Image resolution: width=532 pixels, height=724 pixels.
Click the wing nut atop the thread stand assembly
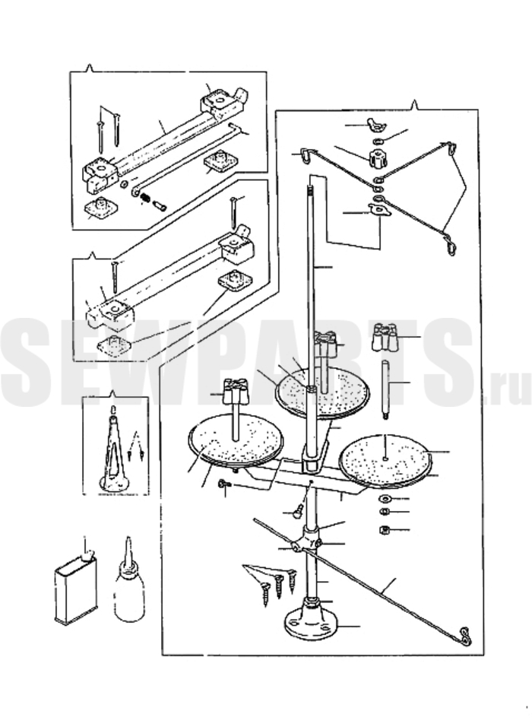[x=373, y=124]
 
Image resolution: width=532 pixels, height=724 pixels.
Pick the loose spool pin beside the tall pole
[x=386, y=391]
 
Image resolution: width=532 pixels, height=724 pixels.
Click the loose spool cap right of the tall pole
[x=384, y=335]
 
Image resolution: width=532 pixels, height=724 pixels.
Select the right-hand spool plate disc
[x=386, y=460]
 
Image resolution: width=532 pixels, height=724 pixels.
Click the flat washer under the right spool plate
[x=385, y=499]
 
